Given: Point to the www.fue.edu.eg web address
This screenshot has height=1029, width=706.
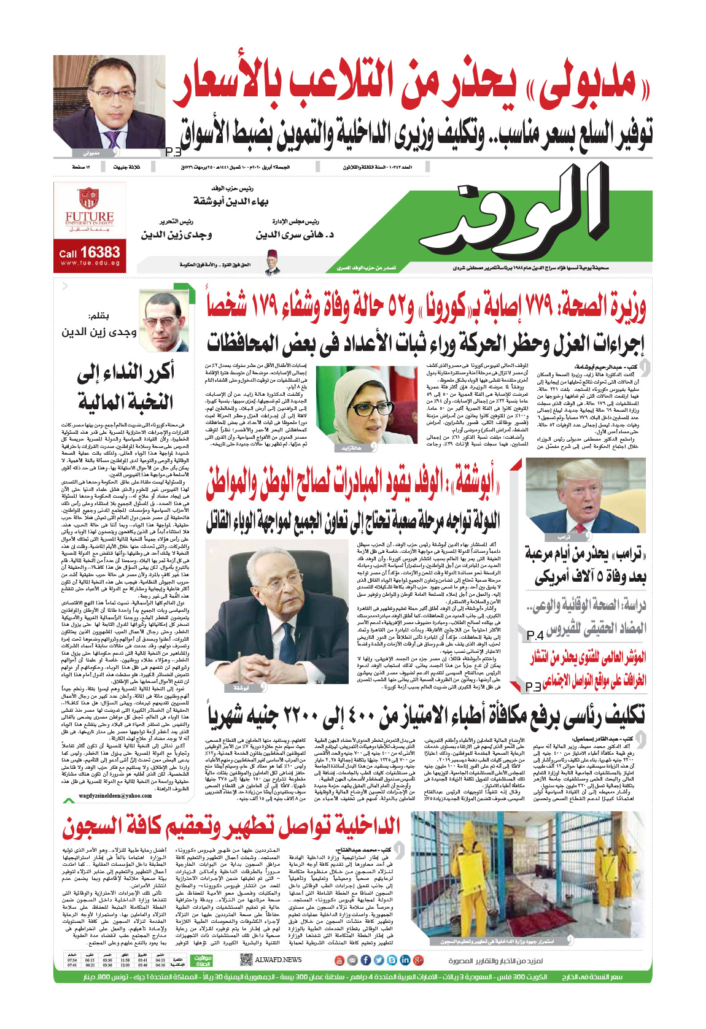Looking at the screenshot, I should [90, 263].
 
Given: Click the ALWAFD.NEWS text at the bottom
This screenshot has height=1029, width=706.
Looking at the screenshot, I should [278, 959].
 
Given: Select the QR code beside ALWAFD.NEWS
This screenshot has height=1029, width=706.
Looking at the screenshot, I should [246, 959].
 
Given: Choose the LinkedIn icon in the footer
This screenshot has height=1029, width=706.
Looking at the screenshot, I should [405, 960].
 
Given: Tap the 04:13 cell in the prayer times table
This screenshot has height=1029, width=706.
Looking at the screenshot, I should [160, 960].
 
